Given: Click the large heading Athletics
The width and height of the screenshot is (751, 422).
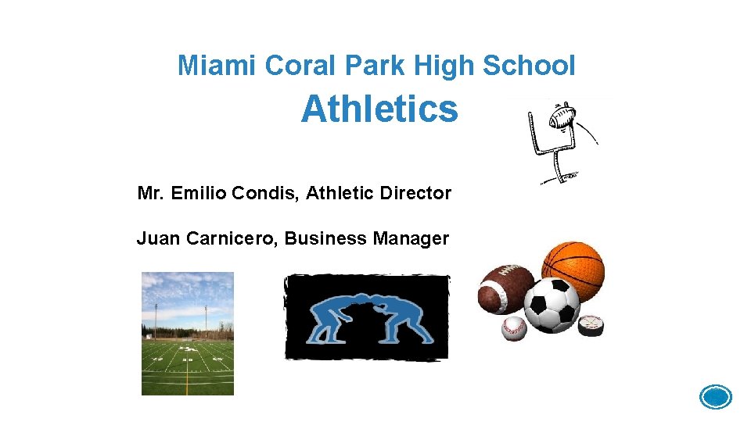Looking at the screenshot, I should (x=379, y=109).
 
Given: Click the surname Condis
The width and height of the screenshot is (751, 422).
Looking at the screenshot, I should (x=272, y=193).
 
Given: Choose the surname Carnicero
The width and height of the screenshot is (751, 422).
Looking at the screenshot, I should (x=230, y=238).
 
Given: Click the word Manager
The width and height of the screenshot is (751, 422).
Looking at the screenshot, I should (x=411, y=238).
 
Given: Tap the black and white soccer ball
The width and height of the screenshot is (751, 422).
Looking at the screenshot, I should (x=552, y=305).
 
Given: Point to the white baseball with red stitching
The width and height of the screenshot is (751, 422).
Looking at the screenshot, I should (x=514, y=328).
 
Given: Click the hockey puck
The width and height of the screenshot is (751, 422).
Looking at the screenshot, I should (x=590, y=325).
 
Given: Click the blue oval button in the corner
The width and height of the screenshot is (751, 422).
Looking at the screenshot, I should (x=716, y=397).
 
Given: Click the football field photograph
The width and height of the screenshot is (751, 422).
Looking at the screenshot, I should (x=188, y=334).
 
